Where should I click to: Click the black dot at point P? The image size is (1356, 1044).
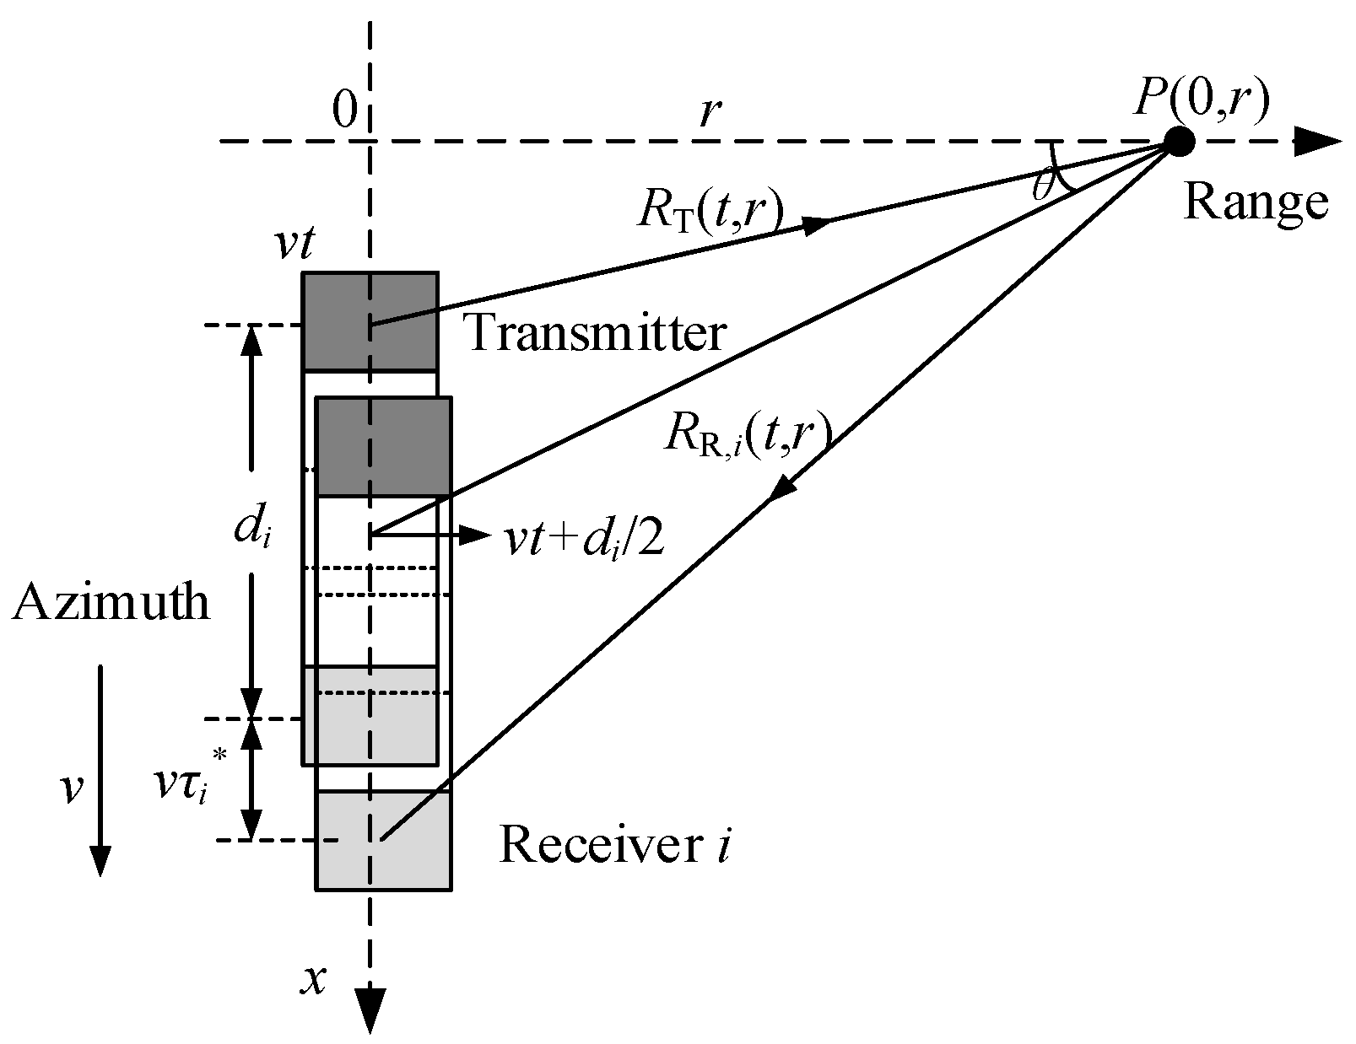click(1179, 142)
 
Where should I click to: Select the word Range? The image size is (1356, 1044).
click(1256, 203)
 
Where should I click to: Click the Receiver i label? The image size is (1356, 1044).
click(614, 845)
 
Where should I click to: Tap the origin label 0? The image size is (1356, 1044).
click(343, 110)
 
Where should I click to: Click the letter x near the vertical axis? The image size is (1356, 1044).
click(315, 980)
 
